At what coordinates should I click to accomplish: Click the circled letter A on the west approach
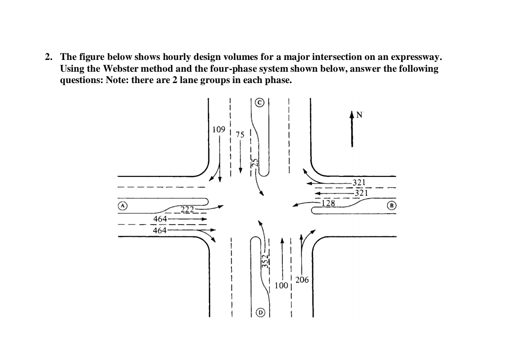pos(123,206)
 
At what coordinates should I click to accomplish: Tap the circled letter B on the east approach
pos(391,206)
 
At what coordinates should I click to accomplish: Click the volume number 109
pos(219,129)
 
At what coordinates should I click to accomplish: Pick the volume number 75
pos(240,134)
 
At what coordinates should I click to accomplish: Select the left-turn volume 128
pos(327,203)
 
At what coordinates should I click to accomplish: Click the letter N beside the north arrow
pos(360,114)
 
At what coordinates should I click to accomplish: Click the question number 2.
pos(47,58)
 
